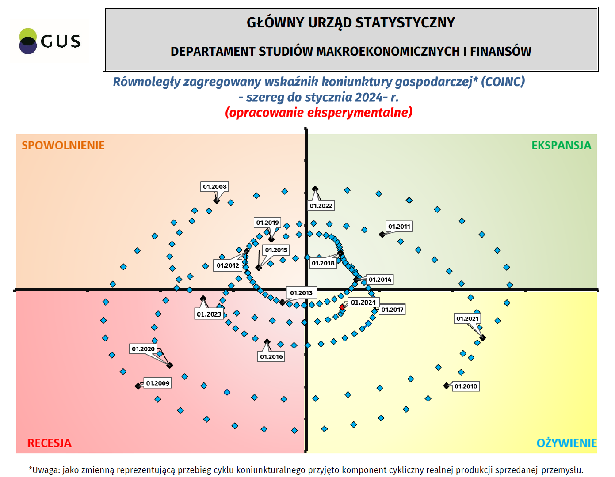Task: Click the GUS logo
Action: point(50,41)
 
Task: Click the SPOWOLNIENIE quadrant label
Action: point(63,145)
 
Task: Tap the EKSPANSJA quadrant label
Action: point(561,145)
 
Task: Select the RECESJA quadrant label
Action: point(50,443)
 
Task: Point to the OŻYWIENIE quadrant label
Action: point(566,443)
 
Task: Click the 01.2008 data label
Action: point(215,187)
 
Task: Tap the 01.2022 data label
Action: point(321,206)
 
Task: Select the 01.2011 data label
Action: point(399,227)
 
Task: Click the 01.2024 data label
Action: point(363,303)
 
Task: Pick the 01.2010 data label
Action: point(466,386)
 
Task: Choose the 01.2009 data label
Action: point(158,383)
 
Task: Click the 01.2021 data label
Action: point(467,318)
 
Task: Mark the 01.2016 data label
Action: point(271,356)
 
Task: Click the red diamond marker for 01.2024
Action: point(342,307)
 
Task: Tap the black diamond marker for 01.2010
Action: point(447,386)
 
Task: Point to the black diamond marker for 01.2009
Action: point(138,386)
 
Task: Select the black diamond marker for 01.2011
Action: point(382,235)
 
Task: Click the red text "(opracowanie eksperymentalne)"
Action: point(319,112)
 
